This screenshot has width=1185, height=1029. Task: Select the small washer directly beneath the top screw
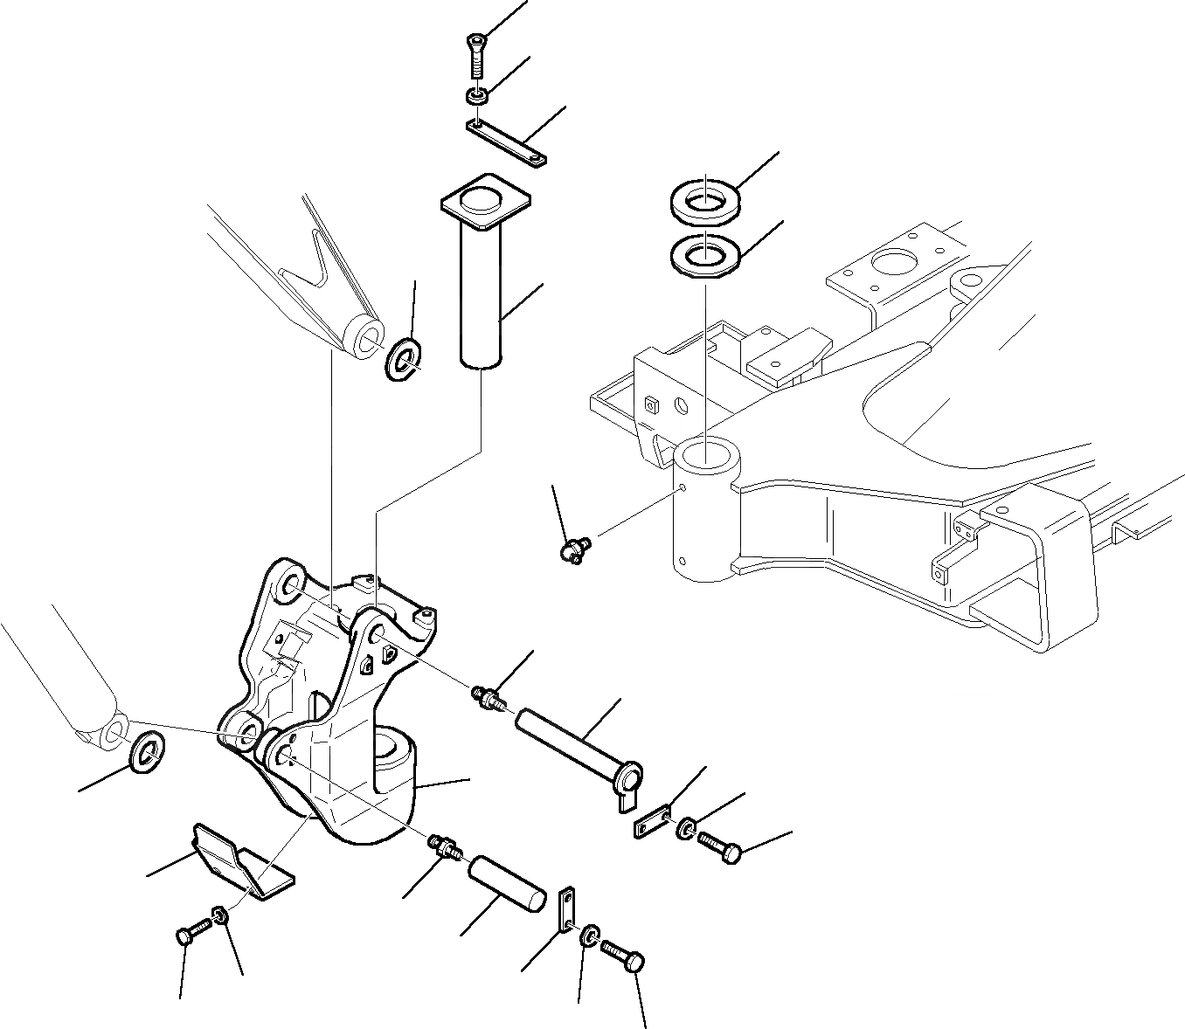tap(476, 94)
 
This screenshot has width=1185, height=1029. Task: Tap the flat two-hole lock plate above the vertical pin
tap(506, 142)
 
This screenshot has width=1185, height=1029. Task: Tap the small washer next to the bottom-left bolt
tap(220, 915)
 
